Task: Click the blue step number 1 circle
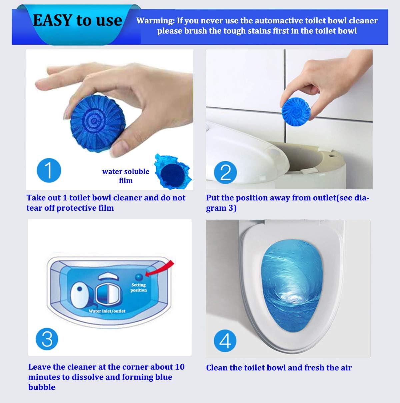49,170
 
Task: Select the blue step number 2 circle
226,172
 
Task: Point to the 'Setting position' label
139,287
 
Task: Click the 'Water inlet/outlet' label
107,311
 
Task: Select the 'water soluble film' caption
126,176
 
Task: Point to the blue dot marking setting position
139,276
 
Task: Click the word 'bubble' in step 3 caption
42,387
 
